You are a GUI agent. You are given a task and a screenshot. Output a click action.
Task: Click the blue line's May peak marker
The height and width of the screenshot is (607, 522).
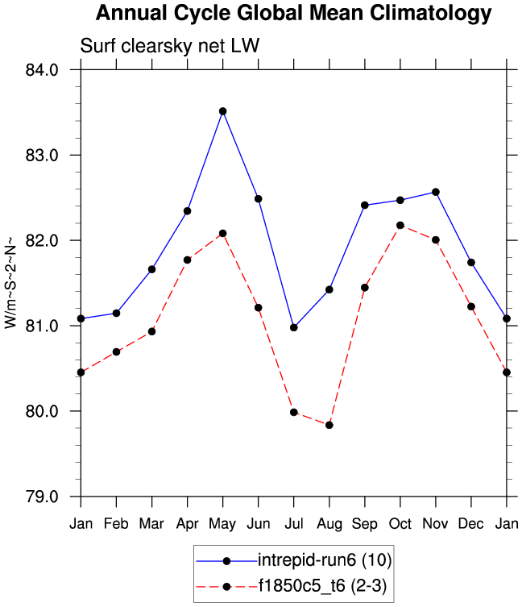coord(223,111)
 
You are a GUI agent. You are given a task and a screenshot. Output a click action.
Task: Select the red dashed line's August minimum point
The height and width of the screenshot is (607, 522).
coord(329,425)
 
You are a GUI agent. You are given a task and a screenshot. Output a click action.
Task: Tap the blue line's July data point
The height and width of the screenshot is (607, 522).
coord(294,327)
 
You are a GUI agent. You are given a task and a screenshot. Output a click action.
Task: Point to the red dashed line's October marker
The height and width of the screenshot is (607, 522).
coord(400,225)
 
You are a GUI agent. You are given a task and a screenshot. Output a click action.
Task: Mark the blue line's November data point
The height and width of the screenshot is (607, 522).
coord(436,192)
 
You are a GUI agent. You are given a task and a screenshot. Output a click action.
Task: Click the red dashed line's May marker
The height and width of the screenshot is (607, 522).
coord(223,233)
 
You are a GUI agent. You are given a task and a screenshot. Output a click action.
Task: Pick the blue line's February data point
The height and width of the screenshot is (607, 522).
coord(117,313)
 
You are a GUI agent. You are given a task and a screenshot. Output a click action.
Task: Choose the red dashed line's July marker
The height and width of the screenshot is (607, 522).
coord(294,412)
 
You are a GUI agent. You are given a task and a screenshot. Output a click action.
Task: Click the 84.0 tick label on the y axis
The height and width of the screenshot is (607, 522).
coord(43,70)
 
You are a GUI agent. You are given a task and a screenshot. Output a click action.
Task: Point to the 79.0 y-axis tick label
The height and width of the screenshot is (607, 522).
coord(43,497)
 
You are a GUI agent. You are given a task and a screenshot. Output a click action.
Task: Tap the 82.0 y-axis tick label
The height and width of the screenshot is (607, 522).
coord(43,241)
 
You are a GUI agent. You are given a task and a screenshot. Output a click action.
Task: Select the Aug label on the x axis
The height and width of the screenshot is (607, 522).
coord(329,523)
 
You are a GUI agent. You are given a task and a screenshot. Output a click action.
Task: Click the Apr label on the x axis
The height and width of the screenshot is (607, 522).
coord(188,523)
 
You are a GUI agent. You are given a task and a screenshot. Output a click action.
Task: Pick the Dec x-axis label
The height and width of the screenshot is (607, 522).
coord(471,523)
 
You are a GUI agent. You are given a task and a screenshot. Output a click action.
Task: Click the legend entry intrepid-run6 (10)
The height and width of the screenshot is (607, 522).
coord(325,559)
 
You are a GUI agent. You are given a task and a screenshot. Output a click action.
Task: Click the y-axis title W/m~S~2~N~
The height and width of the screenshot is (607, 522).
coord(10,283)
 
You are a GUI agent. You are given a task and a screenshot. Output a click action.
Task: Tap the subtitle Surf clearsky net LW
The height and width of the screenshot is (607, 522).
coord(169,46)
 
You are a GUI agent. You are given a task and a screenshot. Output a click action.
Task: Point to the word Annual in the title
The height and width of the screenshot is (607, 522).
coord(129,14)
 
